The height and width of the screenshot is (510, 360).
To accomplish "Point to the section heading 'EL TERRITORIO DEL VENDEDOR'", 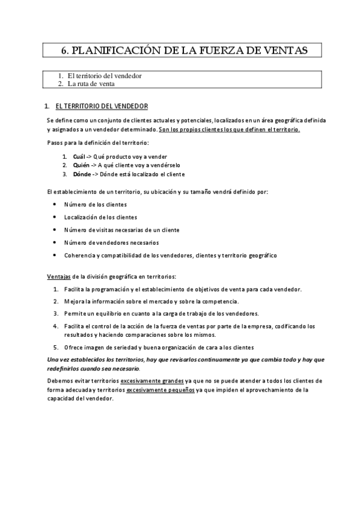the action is (x=102, y=106).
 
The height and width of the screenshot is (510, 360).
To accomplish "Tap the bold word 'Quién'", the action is (x=81, y=164).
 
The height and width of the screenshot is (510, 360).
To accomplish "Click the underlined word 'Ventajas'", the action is (x=58, y=277).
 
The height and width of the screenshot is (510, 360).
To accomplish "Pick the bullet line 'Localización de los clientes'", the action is (x=100, y=217).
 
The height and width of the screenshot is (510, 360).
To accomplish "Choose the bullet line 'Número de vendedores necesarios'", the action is (x=111, y=242).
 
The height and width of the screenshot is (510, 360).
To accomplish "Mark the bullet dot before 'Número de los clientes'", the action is (x=55, y=204).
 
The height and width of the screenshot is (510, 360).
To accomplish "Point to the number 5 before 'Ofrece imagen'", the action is (x=55, y=348).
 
